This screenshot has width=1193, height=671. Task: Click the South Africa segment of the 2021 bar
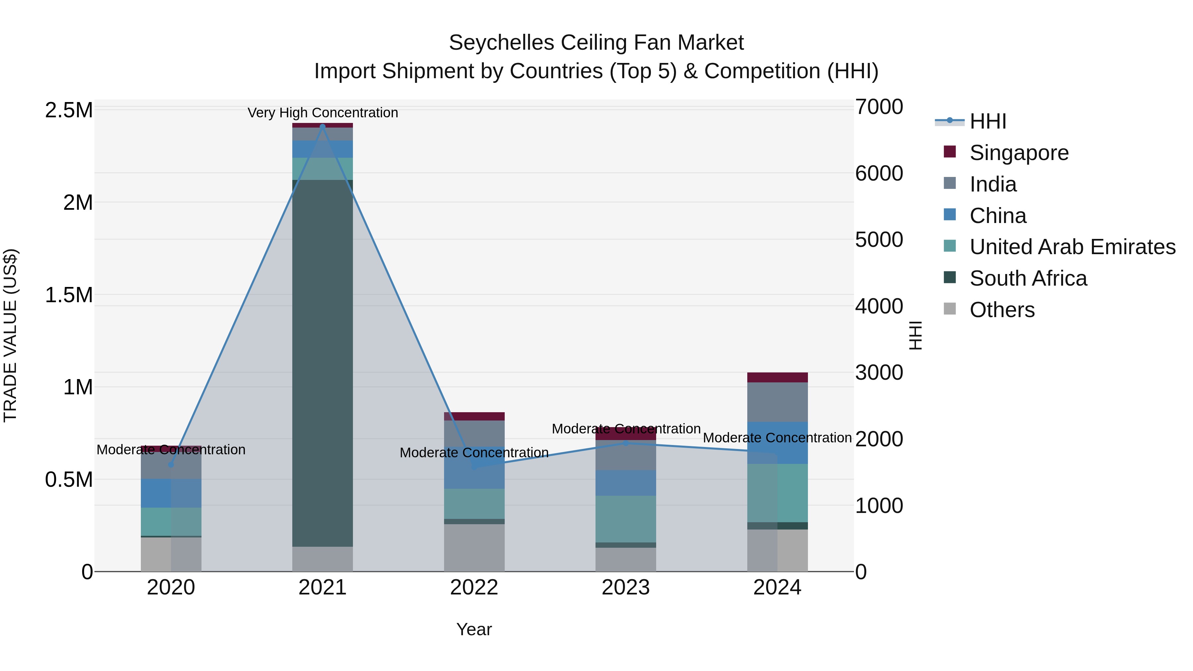pos(322,363)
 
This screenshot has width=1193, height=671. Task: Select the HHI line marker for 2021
pos(322,127)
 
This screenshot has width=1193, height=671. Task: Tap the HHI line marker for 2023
pos(626,443)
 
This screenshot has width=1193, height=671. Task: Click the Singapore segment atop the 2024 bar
pos(777,377)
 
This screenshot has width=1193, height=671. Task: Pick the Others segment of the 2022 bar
pos(474,547)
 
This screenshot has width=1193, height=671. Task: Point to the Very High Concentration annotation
pos(322,113)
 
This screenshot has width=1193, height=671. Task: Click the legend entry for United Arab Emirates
pos(1072,247)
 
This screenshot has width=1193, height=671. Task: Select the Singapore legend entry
pos(1019,153)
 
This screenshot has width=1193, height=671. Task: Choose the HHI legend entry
pos(988,121)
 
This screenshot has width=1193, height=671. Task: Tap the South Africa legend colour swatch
pos(949,277)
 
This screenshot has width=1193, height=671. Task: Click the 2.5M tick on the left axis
pos(69,110)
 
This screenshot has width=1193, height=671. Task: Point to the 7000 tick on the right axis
pos(879,107)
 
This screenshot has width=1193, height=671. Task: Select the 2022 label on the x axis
pos(474,587)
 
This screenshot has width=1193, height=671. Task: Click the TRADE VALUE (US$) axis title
pos(10,335)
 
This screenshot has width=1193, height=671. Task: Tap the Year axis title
pos(474,629)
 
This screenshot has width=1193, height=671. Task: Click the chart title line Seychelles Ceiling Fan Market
pos(596,43)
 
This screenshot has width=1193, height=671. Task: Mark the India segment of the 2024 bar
pos(777,402)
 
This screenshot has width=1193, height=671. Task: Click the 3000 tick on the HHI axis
pos(879,373)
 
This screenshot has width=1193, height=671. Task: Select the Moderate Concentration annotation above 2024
pos(777,438)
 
